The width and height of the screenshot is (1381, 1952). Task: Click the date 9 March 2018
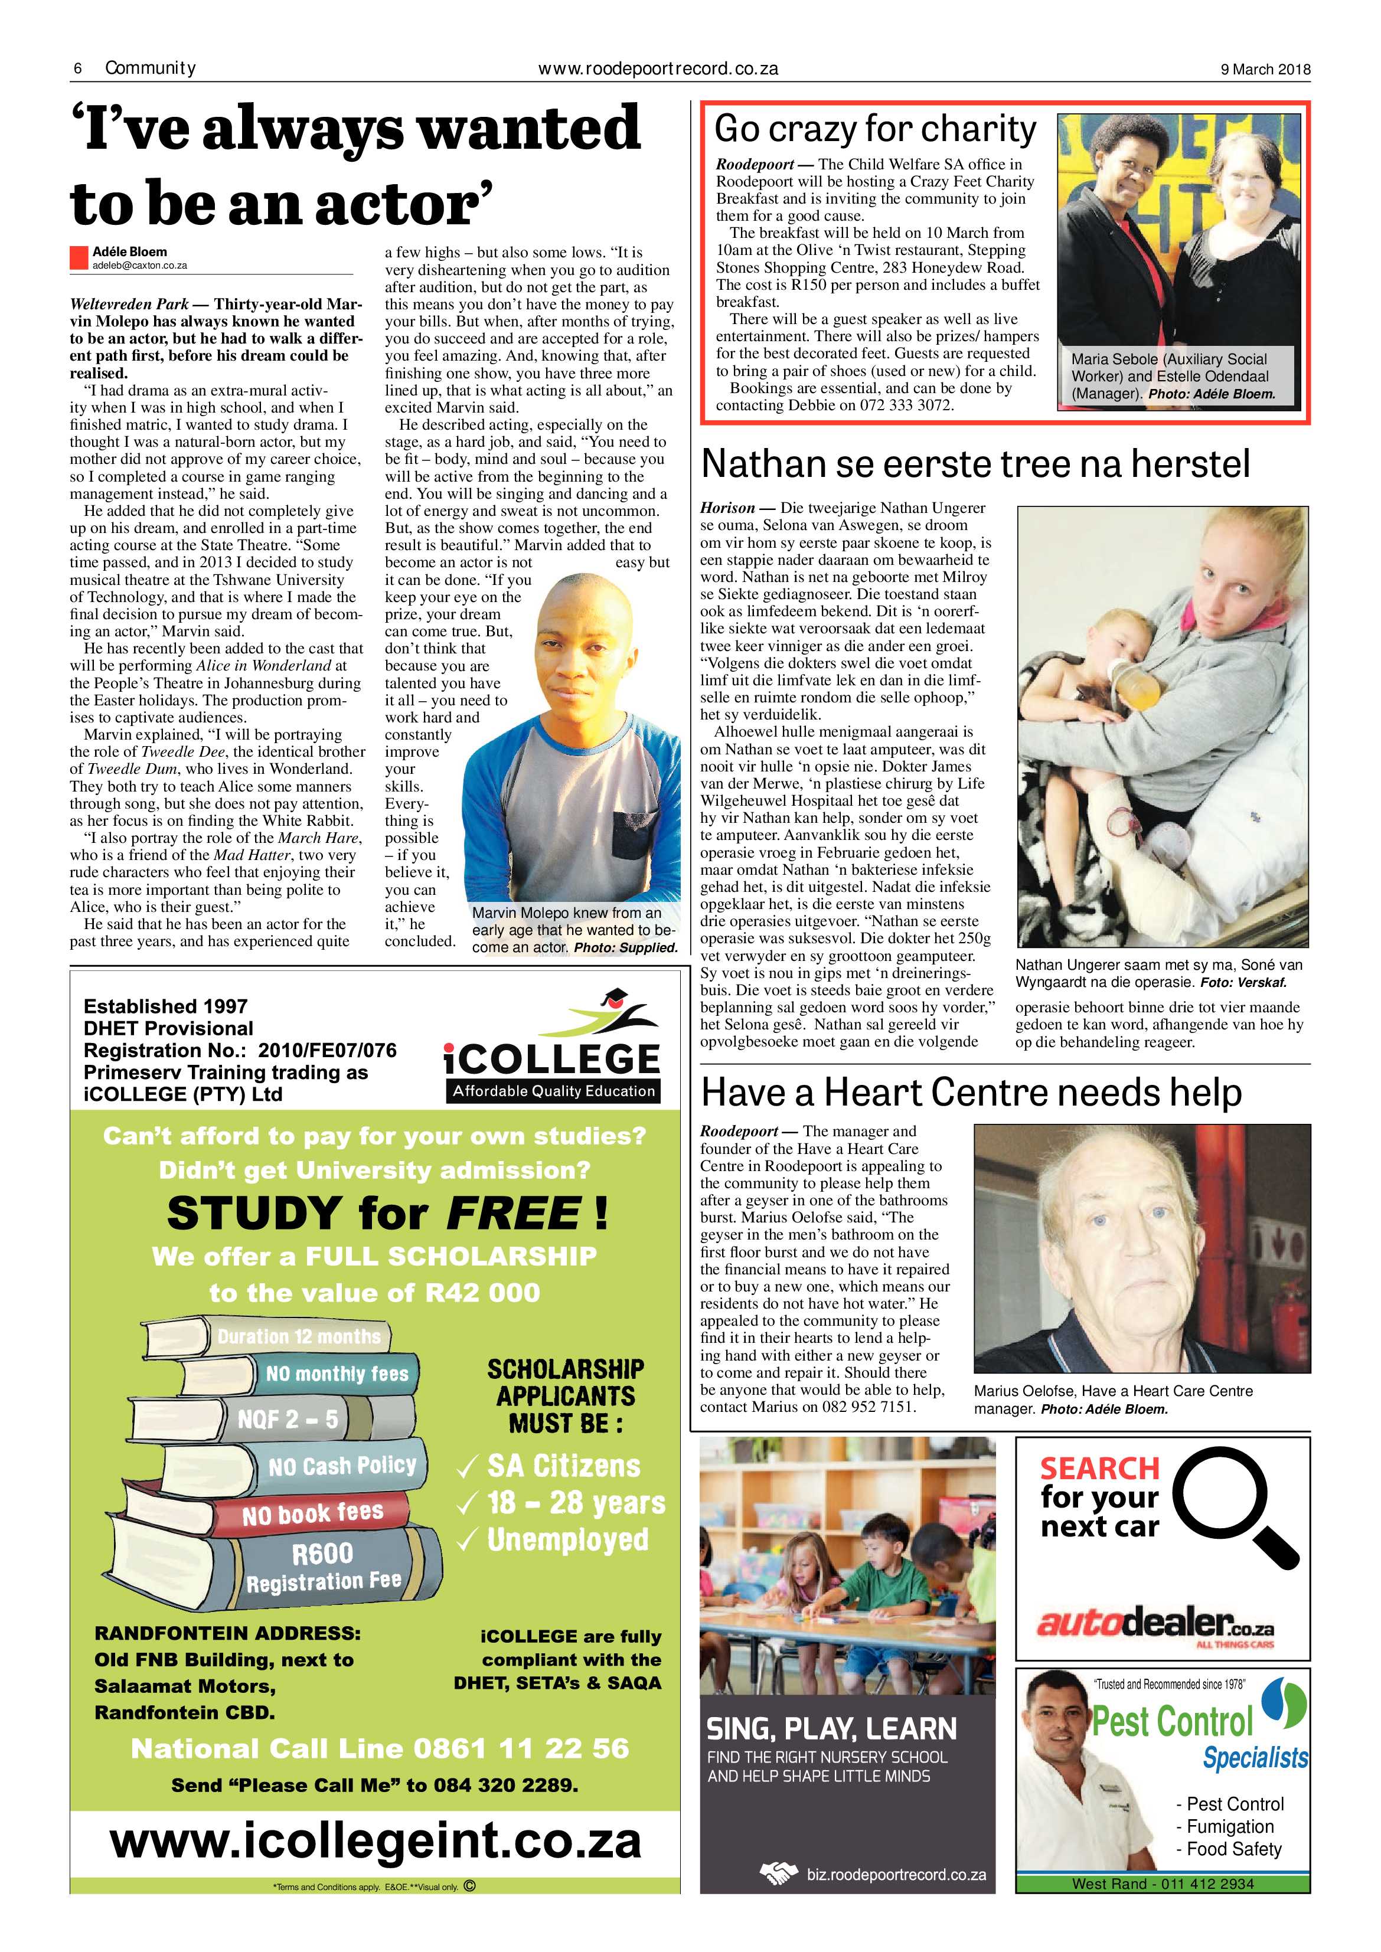1265,70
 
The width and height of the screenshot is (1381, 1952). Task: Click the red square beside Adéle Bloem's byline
79,257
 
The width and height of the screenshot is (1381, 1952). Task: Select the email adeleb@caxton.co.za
139,265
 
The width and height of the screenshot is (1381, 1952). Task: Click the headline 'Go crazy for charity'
875,129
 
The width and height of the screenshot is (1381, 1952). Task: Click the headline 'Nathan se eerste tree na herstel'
975,464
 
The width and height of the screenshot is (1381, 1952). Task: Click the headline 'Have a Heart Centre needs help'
971,1093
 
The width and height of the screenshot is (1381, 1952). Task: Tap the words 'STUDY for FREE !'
388,1213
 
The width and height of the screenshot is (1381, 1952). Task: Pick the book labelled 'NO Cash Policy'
341,1467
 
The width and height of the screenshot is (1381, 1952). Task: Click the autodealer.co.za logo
1155,1623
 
